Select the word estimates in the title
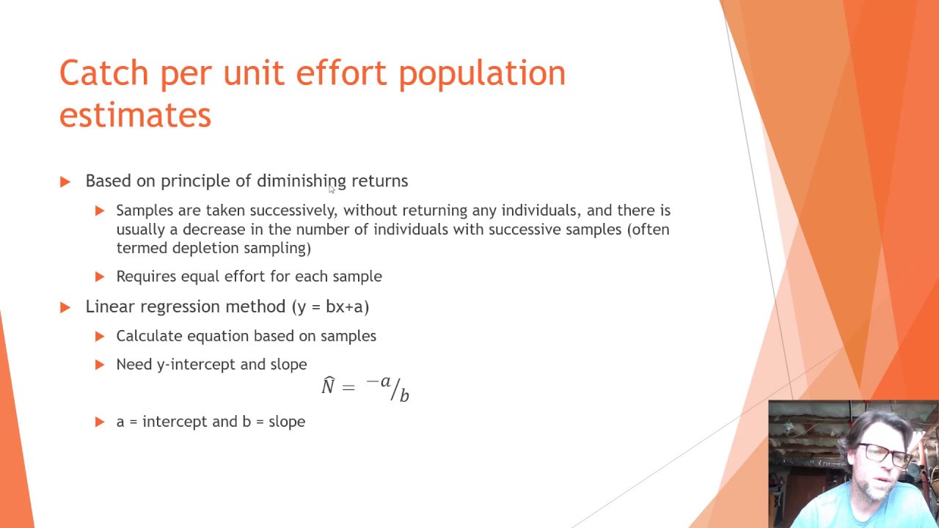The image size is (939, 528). click(x=135, y=116)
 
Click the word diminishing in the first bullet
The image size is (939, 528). click(x=301, y=181)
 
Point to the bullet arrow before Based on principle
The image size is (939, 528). click(x=65, y=181)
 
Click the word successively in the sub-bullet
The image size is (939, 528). click(x=293, y=210)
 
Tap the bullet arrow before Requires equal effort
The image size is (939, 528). click(x=100, y=276)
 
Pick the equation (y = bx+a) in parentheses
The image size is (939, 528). click(x=330, y=307)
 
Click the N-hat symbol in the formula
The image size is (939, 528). click(x=328, y=386)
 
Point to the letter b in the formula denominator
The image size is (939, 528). click(x=404, y=396)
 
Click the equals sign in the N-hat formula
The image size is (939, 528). click(x=348, y=387)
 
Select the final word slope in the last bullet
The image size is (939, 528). click(x=287, y=422)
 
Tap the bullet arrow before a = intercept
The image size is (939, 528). click(x=100, y=422)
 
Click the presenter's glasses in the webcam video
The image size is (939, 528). click(x=886, y=455)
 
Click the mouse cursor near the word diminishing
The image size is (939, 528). click(x=332, y=190)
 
